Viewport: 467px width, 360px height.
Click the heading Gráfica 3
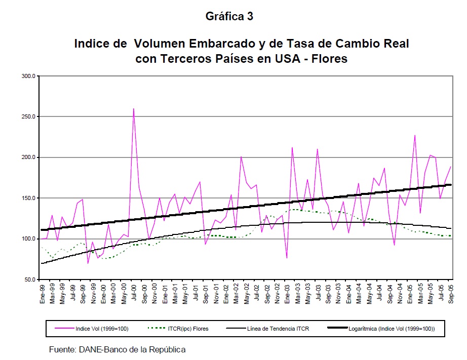229,16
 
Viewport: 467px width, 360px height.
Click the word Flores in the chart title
330,59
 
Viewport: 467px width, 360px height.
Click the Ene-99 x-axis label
43,294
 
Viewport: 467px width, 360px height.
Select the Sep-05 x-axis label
450,294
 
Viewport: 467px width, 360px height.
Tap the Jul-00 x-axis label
134,293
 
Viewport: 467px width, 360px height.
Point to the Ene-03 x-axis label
287,294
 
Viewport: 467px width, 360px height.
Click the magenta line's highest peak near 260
134,109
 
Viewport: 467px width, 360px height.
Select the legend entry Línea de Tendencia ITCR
278,329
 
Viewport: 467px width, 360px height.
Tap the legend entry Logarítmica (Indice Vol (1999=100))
392,329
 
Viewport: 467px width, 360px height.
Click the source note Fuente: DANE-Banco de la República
117,349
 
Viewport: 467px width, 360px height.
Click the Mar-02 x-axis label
236,294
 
